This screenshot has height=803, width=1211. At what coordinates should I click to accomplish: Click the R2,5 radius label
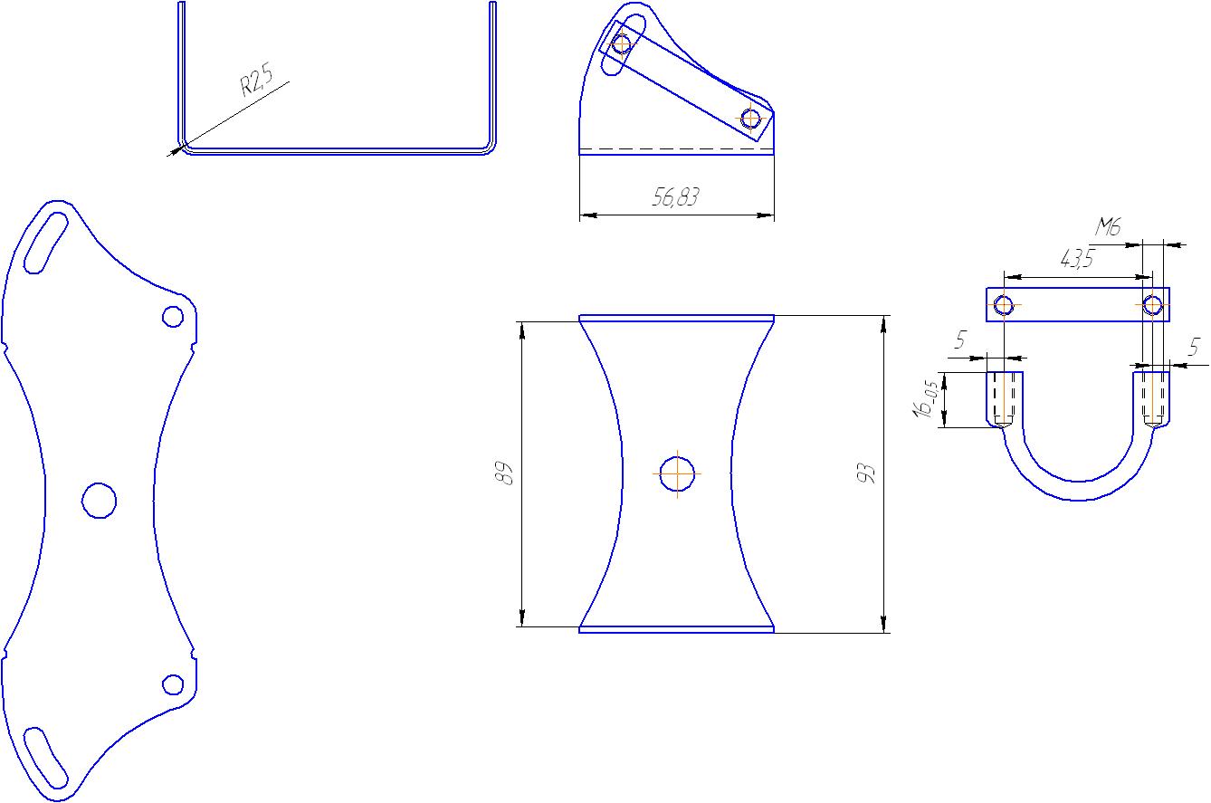(256, 80)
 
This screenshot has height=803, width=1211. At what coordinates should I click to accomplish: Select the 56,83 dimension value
(675, 196)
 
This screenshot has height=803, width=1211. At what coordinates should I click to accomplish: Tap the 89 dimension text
(503, 473)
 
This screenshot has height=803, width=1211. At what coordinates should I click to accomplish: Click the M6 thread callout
(1108, 226)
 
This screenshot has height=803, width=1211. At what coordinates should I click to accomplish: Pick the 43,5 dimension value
(1077, 259)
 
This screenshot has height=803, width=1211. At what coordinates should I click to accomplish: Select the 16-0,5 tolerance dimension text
(925, 399)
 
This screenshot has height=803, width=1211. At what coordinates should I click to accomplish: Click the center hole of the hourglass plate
(677, 473)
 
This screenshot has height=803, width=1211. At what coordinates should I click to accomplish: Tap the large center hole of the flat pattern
(99, 501)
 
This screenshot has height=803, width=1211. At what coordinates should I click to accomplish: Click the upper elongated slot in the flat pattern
(46, 243)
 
